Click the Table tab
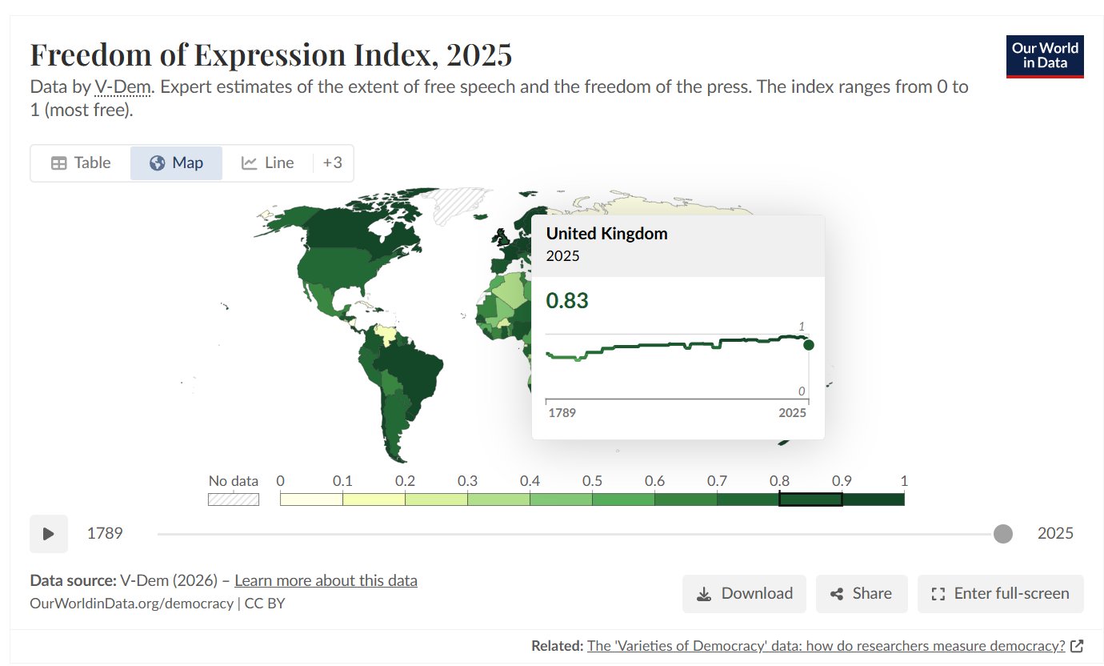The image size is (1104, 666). [81, 162]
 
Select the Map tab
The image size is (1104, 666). [176, 162]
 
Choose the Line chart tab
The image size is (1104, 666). [267, 162]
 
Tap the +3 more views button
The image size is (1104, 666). [332, 162]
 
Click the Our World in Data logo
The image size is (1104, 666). [1045, 56]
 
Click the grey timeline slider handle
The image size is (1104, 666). [1003, 534]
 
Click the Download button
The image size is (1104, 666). [744, 593]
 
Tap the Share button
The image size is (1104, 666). [862, 593]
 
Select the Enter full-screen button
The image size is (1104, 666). [1001, 593]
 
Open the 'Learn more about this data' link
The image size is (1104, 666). [326, 580]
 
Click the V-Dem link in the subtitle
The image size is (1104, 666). [122, 86]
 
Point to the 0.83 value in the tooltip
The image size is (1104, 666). [566, 300]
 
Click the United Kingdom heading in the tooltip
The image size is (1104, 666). [606, 234]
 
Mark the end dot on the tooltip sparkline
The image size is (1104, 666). [808, 345]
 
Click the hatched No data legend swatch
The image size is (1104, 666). [234, 499]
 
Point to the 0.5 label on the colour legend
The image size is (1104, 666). [592, 480]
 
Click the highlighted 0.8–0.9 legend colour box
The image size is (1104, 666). [810, 499]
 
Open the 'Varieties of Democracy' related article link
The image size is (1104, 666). [826, 646]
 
